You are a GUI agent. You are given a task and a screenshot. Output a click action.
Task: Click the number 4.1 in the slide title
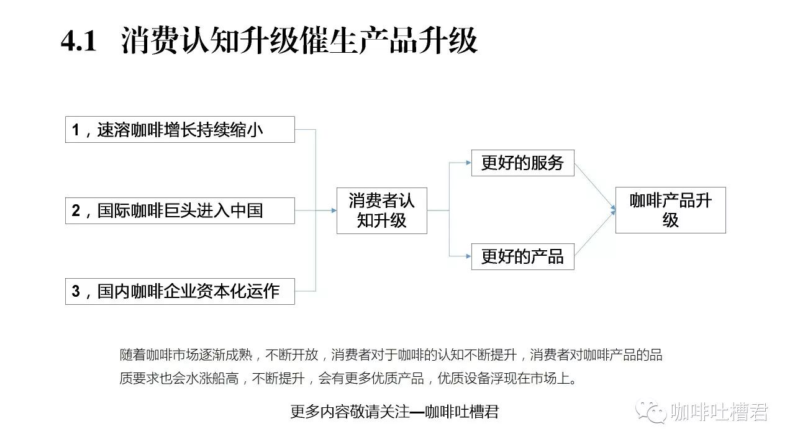78,41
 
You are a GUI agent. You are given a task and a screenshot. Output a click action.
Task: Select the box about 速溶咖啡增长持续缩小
180,130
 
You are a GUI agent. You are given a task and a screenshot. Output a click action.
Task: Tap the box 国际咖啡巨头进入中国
180,210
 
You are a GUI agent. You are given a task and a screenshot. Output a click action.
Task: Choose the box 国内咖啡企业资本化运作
180,291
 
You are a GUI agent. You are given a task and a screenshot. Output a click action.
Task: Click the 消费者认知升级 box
381,210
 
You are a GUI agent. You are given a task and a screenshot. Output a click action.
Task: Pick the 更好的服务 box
522,163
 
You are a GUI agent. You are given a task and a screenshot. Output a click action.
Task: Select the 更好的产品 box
522,256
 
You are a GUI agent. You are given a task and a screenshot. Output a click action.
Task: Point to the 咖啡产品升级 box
670,210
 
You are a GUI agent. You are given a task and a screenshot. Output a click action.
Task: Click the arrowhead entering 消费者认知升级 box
334,210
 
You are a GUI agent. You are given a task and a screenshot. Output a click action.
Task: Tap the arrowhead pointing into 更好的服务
468,163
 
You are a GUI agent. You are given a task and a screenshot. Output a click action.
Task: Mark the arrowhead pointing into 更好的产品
468,256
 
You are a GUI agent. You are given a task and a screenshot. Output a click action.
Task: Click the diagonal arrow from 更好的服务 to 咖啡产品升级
595,187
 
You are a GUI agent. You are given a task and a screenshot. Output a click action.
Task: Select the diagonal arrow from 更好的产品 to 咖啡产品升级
595,233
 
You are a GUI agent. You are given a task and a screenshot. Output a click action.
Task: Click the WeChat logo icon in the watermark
651,412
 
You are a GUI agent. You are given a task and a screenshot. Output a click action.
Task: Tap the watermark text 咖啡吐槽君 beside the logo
719,412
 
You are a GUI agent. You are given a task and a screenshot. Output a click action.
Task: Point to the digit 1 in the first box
75,130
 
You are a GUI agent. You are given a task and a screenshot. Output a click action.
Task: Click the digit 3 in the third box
76,291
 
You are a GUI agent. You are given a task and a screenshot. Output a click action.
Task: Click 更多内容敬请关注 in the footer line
350,412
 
